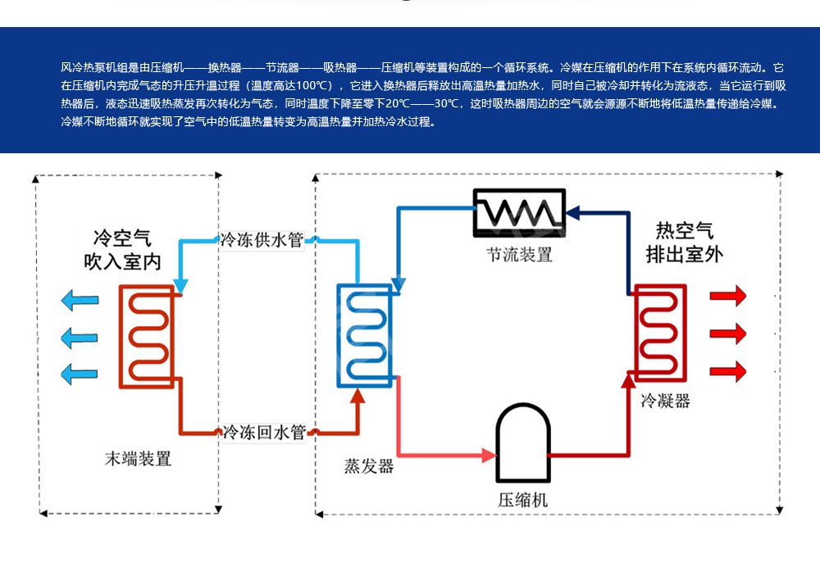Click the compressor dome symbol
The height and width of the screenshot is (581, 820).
point(522,444)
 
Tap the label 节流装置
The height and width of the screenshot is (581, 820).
point(519,255)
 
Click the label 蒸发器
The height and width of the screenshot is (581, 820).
point(369,466)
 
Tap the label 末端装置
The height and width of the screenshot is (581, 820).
point(139,459)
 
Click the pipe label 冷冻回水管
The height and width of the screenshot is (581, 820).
point(264,432)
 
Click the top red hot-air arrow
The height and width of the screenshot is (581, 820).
point(728,295)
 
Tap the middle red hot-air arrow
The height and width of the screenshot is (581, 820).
point(728,333)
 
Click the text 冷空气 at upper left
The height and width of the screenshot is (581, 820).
point(123,238)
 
